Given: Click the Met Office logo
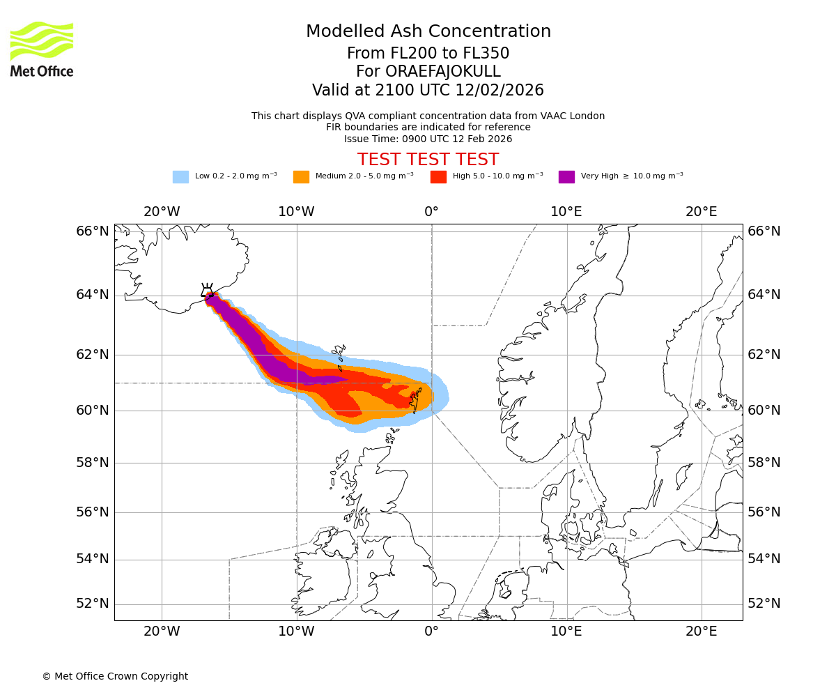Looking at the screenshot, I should [x=42, y=49].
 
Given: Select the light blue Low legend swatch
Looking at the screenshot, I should [x=180, y=177].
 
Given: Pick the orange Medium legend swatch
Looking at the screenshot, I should [x=301, y=177].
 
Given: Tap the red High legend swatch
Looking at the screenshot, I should [x=438, y=177].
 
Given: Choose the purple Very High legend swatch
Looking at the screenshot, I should [x=566, y=177].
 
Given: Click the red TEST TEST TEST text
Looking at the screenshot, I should [x=428, y=160].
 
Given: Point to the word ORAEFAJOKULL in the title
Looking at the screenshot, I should [x=428, y=72].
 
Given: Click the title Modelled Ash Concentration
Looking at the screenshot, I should [x=428, y=31].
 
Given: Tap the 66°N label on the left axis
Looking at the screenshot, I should [x=93, y=231].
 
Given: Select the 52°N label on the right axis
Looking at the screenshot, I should [x=764, y=604].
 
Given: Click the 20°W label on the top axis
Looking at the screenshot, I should [x=162, y=212].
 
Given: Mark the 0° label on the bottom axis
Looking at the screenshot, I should [x=431, y=631].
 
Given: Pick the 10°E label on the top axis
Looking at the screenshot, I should [x=566, y=212].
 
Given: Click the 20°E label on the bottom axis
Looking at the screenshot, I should [x=701, y=631].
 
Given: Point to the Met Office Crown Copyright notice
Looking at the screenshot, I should [x=115, y=676].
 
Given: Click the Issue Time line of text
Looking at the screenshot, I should [x=428, y=139].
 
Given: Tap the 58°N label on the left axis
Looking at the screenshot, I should [x=93, y=463].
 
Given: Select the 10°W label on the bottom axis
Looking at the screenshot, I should [x=296, y=631].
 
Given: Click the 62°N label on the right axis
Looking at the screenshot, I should [x=764, y=355].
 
